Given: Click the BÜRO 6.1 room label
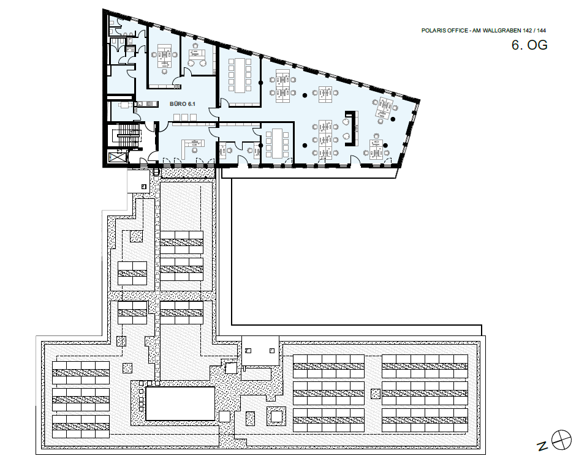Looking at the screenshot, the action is pos(183,104).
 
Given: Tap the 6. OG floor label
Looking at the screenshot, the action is pos(529,45).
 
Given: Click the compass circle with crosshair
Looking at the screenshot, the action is pos(561,440).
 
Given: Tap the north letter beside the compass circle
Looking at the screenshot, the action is pos(542,446).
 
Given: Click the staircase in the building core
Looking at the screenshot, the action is pos(127,135).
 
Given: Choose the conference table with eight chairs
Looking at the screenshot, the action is pos(277,143).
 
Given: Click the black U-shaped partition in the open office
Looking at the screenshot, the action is pos(350,129).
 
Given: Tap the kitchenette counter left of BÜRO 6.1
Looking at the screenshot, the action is pos(145,104).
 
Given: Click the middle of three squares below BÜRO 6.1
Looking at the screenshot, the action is pos(184,118).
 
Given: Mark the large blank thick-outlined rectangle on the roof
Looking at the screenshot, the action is pos(180,404).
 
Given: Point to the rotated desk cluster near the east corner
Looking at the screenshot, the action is pos(384,108).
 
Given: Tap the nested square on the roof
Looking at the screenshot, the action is pos(276,416).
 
